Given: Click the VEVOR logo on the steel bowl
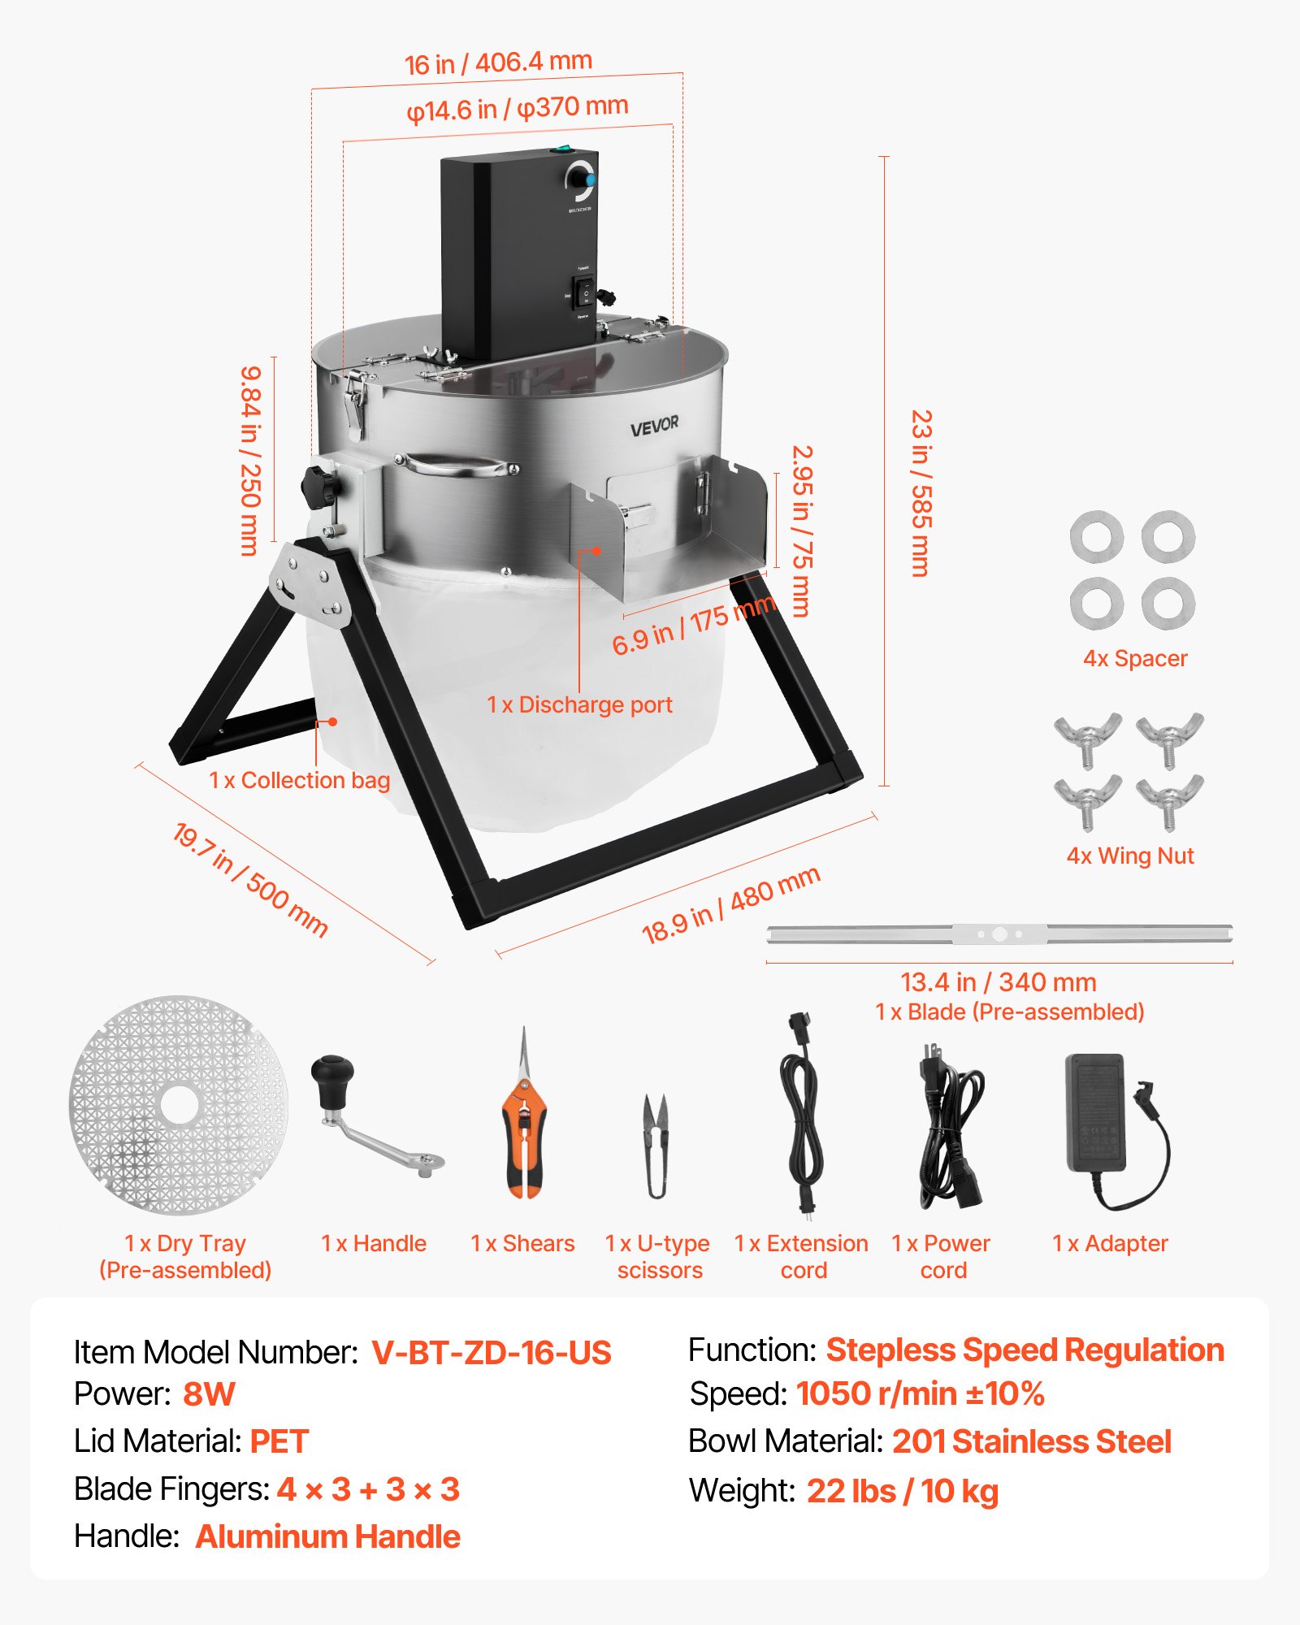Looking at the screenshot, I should click(x=654, y=426).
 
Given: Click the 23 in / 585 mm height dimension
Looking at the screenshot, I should click(x=921, y=492).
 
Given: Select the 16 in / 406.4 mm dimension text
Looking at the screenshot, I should click(x=498, y=63).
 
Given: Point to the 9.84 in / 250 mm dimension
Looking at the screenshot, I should click(x=250, y=460).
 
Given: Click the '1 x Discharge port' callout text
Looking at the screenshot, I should click(x=579, y=704).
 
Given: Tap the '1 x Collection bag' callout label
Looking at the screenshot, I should click(x=299, y=780).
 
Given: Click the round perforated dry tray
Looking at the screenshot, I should click(x=179, y=1105).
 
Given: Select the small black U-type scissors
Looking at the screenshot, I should click(x=656, y=1146).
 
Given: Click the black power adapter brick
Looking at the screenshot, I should click(x=1095, y=1111).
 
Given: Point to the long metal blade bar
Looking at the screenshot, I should click(x=999, y=934).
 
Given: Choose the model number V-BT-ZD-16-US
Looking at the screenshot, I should click(x=491, y=1353).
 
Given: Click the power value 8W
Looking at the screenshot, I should click(x=208, y=1394).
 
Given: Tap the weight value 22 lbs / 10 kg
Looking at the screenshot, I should click(x=902, y=1491).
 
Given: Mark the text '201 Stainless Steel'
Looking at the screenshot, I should click(x=1031, y=1441).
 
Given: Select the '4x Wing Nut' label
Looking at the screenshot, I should click(x=1129, y=856).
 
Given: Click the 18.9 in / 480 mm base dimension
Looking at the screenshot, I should click(x=730, y=905).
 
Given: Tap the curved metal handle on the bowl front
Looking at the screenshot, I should click(x=458, y=466).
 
